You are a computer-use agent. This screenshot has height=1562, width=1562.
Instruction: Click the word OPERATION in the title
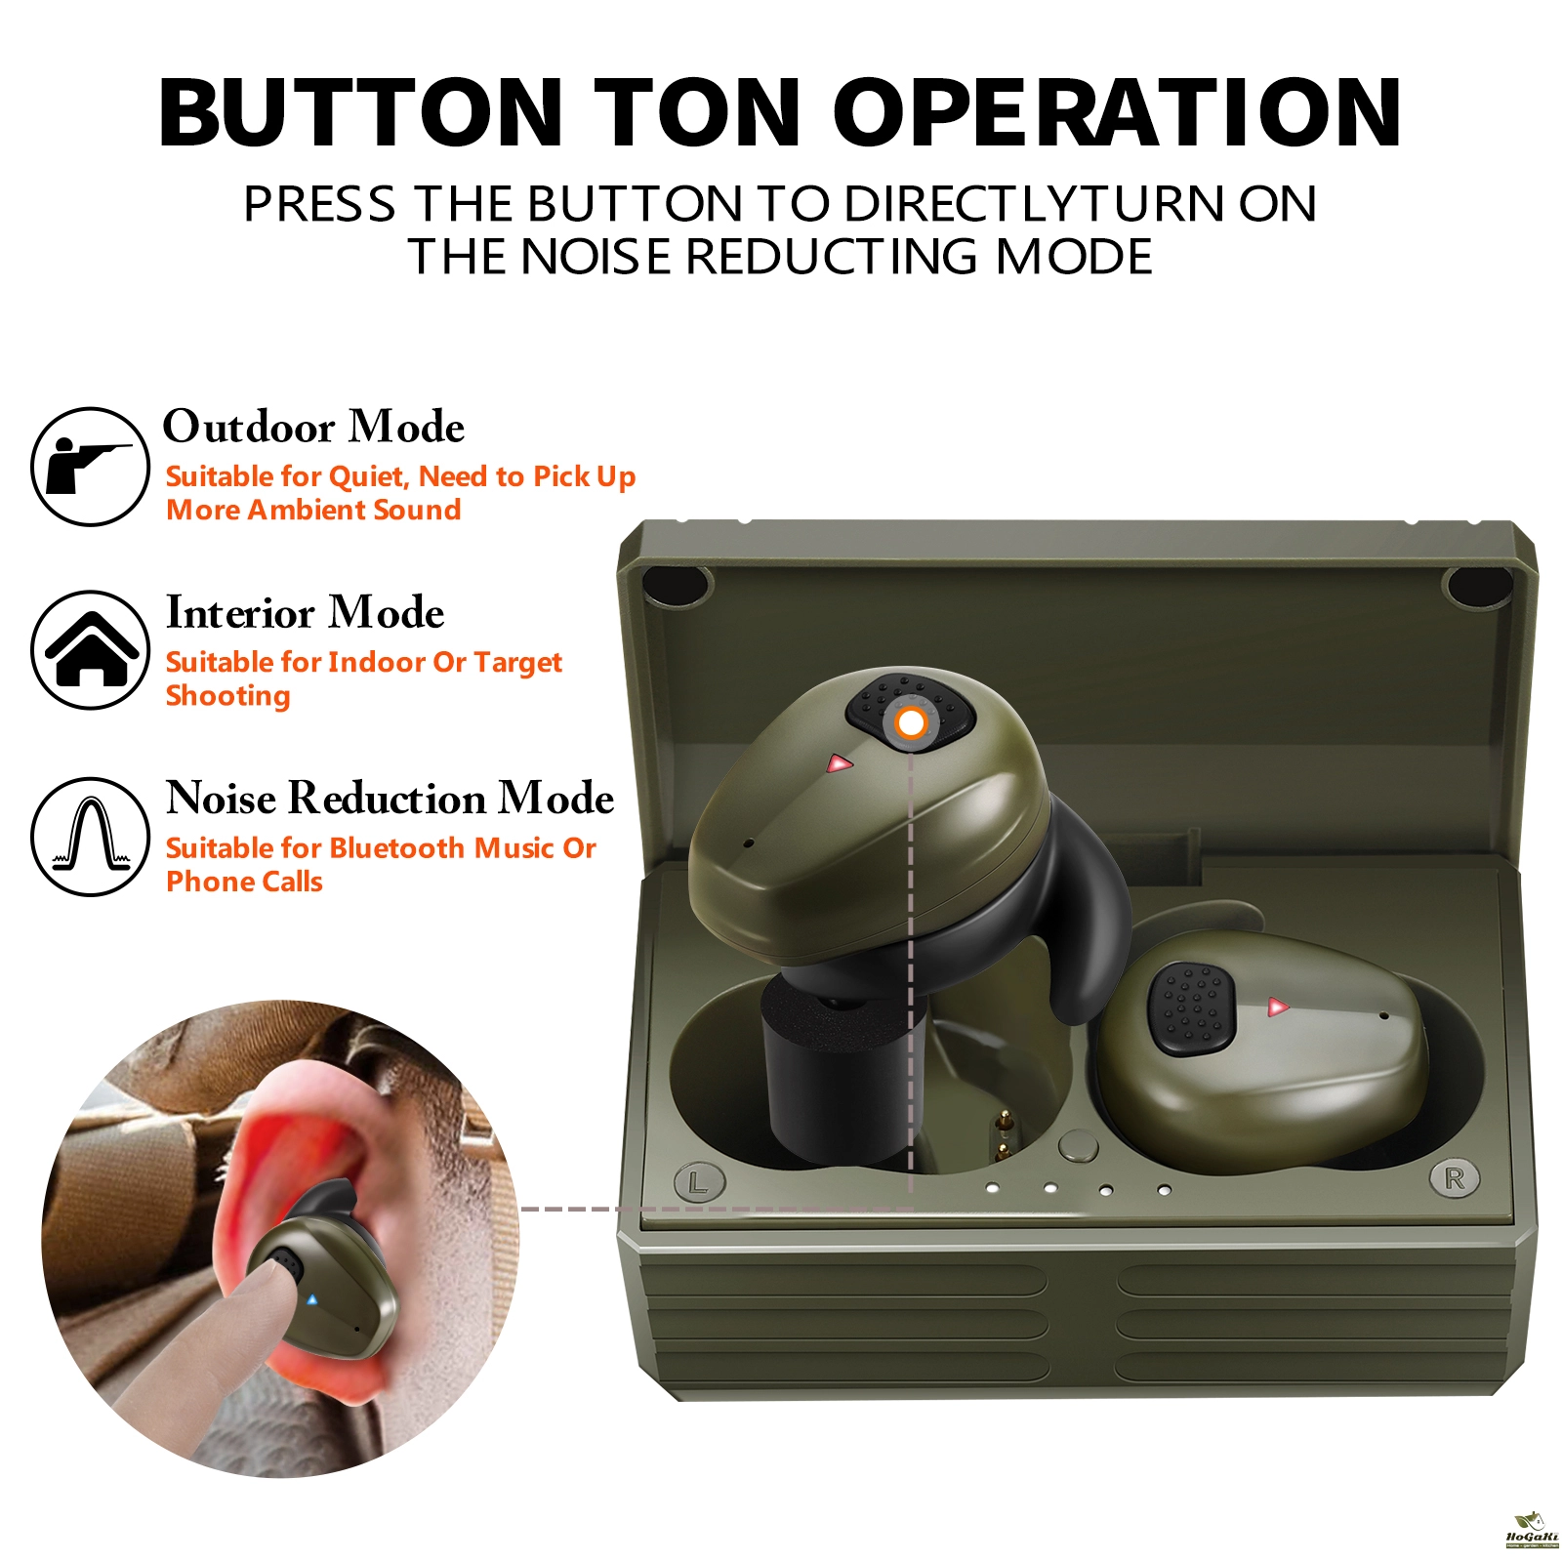(1117, 113)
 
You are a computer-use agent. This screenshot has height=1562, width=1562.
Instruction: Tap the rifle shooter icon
(90, 467)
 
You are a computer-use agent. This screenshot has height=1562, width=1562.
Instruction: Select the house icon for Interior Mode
(90, 649)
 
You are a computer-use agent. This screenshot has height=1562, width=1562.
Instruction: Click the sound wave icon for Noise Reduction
(90, 836)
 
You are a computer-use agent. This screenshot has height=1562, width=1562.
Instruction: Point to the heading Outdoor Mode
(313, 427)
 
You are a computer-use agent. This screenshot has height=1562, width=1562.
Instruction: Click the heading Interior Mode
(305, 612)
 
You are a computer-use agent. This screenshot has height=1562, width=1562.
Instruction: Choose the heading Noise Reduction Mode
(390, 798)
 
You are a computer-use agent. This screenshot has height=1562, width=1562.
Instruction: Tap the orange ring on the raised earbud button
(911, 723)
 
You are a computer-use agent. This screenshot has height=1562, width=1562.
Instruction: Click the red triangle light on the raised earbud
(840, 763)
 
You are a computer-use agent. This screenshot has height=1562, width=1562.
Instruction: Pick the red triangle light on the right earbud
(1277, 1007)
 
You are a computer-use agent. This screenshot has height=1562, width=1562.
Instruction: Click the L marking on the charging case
(699, 1183)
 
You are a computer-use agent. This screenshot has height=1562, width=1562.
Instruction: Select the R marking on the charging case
(1455, 1178)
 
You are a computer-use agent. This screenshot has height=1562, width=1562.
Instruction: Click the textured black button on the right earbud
(1191, 1008)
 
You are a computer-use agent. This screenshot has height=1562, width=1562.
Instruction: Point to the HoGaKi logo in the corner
(1532, 1531)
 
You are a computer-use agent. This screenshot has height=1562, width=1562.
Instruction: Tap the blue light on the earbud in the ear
(311, 1299)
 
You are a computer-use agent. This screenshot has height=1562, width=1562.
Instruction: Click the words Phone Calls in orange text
(244, 882)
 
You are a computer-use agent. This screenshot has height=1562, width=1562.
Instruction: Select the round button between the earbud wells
(1078, 1146)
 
